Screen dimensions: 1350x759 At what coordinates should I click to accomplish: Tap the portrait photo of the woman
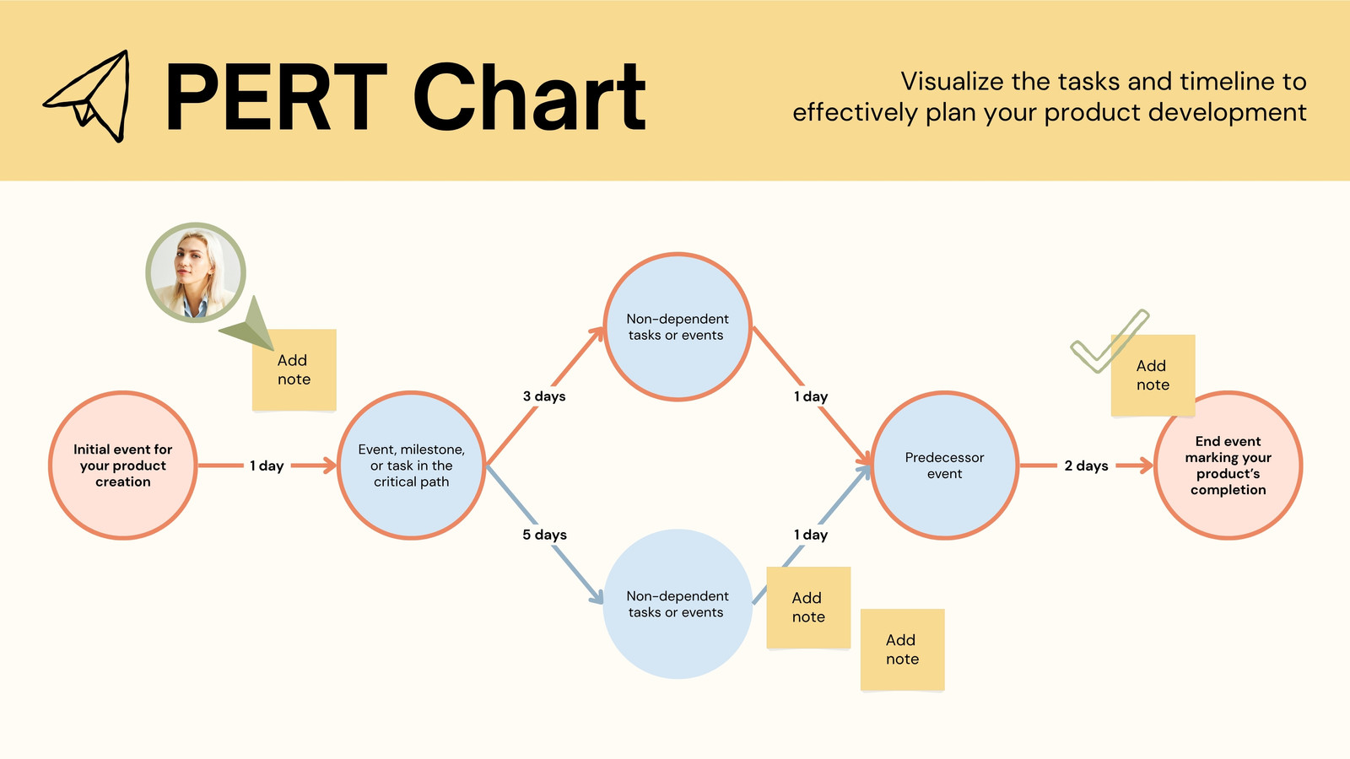pos(195,272)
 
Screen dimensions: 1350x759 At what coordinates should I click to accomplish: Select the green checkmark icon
pos(1109,341)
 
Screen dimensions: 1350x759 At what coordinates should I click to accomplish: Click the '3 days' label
pos(544,396)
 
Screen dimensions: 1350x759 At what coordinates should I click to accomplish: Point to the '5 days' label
pos(544,535)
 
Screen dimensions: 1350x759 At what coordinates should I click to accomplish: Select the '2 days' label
pos(1086,466)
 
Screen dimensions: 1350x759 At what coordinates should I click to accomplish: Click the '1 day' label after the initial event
pos(267,466)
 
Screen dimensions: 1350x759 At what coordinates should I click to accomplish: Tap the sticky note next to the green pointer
pos(294,370)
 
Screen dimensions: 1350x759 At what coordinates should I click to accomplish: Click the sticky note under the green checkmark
pos(1153,375)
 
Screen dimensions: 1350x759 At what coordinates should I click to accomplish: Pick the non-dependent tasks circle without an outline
pos(678,604)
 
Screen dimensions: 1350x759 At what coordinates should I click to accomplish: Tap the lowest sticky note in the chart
pos(902,649)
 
